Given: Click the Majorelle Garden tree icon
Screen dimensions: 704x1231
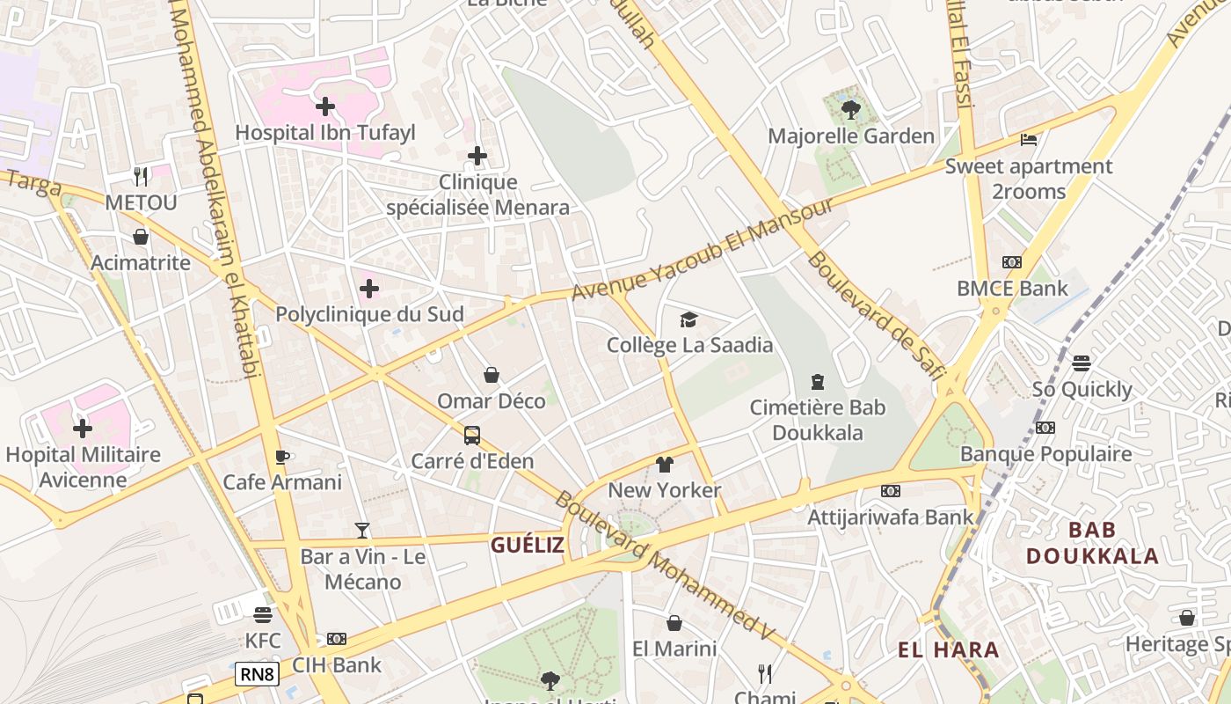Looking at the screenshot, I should [x=850, y=109].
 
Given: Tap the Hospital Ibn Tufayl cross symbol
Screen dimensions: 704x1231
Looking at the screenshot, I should [x=325, y=107].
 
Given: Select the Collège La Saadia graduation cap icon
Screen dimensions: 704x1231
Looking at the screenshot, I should [x=688, y=319].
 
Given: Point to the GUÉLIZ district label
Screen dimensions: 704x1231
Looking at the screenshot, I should [x=528, y=545].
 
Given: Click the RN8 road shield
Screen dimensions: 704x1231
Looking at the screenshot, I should [x=258, y=675].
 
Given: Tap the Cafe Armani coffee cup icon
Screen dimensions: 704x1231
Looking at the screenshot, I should [x=281, y=457].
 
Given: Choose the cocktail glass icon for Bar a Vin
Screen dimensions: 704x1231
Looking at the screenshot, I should [x=362, y=530].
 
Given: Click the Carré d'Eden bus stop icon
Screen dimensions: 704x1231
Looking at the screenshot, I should [x=472, y=436].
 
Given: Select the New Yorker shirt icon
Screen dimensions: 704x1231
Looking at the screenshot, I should [x=664, y=465].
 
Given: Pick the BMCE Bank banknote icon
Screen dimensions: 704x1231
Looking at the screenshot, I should [x=1012, y=262].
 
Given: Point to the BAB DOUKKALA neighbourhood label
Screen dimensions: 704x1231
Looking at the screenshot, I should [x=1090, y=543].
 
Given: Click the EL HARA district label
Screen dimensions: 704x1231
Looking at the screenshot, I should [x=949, y=650].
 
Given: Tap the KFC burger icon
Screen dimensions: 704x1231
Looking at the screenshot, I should [x=263, y=614].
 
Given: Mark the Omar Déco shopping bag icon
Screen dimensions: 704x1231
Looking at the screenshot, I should [x=492, y=376].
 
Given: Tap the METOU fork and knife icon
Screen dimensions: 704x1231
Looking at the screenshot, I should [x=141, y=177].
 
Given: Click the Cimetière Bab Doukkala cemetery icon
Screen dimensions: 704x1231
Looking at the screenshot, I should [x=818, y=382].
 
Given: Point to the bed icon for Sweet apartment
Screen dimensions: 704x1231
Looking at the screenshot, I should [x=1029, y=139].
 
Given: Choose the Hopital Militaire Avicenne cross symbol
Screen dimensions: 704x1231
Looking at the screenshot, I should [x=83, y=429].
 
